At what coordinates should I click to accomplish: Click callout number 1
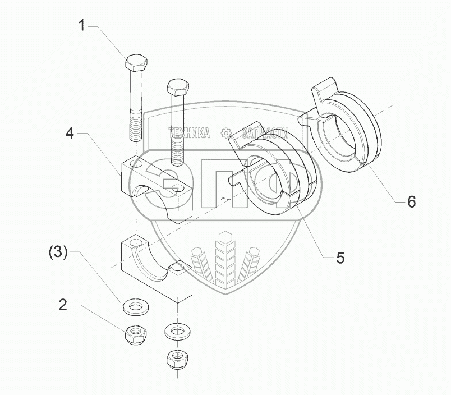click(82, 25)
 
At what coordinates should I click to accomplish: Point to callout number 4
click(70, 134)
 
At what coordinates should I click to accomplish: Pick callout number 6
click(411, 201)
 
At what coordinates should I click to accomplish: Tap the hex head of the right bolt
click(177, 89)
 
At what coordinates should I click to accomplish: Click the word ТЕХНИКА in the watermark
click(190, 133)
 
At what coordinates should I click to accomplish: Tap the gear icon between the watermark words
click(225, 133)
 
